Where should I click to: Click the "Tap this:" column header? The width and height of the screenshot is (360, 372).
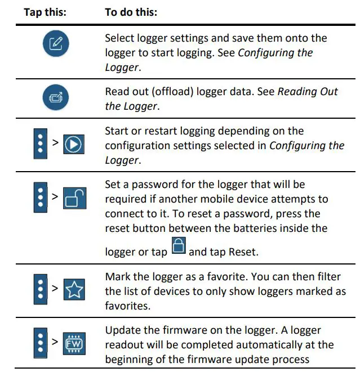point(45,12)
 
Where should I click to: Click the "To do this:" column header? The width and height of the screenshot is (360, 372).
point(131,12)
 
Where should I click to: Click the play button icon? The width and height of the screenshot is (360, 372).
point(73,145)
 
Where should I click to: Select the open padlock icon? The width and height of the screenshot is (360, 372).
point(73,199)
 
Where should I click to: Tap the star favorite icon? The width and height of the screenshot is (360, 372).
point(73,290)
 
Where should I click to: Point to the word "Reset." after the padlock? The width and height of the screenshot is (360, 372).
point(243,252)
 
